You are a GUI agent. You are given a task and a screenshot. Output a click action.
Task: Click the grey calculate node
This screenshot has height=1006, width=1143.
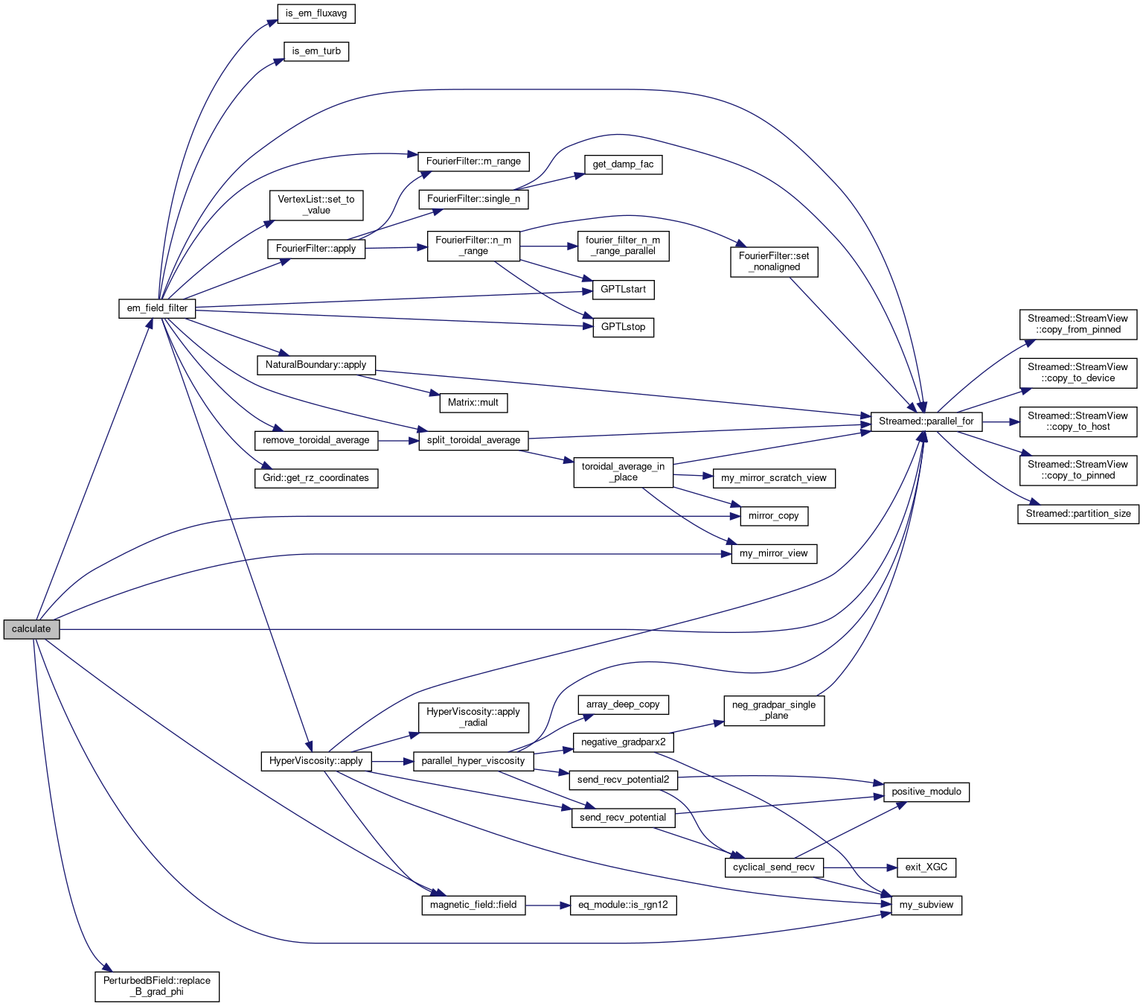[x=31, y=629]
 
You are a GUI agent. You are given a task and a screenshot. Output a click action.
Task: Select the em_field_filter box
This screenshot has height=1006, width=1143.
[x=157, y=308]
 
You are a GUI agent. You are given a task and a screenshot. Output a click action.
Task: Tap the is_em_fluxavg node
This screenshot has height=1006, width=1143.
[x=316, y=13]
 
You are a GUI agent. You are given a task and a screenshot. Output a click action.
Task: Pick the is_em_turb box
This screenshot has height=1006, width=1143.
[x=316, y=51]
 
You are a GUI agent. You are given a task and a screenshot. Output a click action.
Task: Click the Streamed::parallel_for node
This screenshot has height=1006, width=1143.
[x=926, y=421]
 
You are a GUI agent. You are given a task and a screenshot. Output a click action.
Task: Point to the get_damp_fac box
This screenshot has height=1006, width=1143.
[x=623, y=165]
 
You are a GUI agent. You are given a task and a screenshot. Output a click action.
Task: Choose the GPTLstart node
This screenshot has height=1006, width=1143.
[x=623, y=290]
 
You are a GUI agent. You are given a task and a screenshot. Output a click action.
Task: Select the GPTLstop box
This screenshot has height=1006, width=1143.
[x=623, y=327]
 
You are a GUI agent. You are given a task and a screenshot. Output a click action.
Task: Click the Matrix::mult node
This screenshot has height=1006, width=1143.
[x=473, y=403]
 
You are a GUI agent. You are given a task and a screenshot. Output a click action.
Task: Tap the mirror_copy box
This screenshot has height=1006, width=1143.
[x=773, y=516]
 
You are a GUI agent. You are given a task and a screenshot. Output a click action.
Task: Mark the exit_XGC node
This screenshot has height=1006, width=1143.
[x=926, y=867]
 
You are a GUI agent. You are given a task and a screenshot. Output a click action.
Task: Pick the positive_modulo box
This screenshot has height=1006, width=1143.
[x=926, y=792]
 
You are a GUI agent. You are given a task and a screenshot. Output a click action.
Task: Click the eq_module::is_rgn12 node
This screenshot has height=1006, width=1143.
[x=623, y=905]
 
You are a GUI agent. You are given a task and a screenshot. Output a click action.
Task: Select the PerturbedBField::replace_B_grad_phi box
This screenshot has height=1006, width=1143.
[x=157, y=986]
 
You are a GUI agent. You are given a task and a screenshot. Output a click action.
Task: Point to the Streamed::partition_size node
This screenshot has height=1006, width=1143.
[x=1078, y=514]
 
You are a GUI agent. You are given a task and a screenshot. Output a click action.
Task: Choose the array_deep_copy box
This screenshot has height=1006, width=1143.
[x=623, y=704]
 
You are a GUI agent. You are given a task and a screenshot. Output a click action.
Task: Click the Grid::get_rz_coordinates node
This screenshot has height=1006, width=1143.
[x=316, y=478]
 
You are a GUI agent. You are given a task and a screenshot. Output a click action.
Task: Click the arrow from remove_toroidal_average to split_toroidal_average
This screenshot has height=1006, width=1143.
[x=398, y=441]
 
